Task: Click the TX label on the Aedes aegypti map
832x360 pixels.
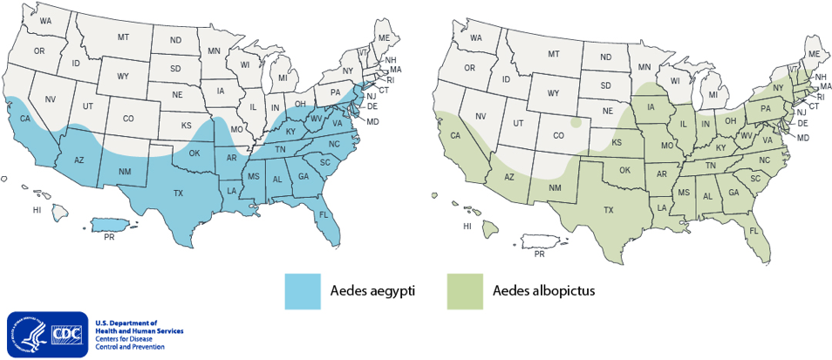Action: [x=178, y=193]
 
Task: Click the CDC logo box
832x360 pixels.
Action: [x=66, y=335]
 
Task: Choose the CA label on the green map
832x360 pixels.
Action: [x=455, y=135]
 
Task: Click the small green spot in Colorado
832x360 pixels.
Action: [x=573, y=123]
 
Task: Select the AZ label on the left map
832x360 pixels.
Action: [x=78, y=160]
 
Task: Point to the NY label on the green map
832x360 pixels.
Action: [x=778, y=89]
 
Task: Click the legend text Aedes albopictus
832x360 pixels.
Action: [x=543, y=290]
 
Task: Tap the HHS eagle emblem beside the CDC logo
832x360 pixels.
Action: [x=24, y=335]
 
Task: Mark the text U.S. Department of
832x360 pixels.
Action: [x=126, y=323]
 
